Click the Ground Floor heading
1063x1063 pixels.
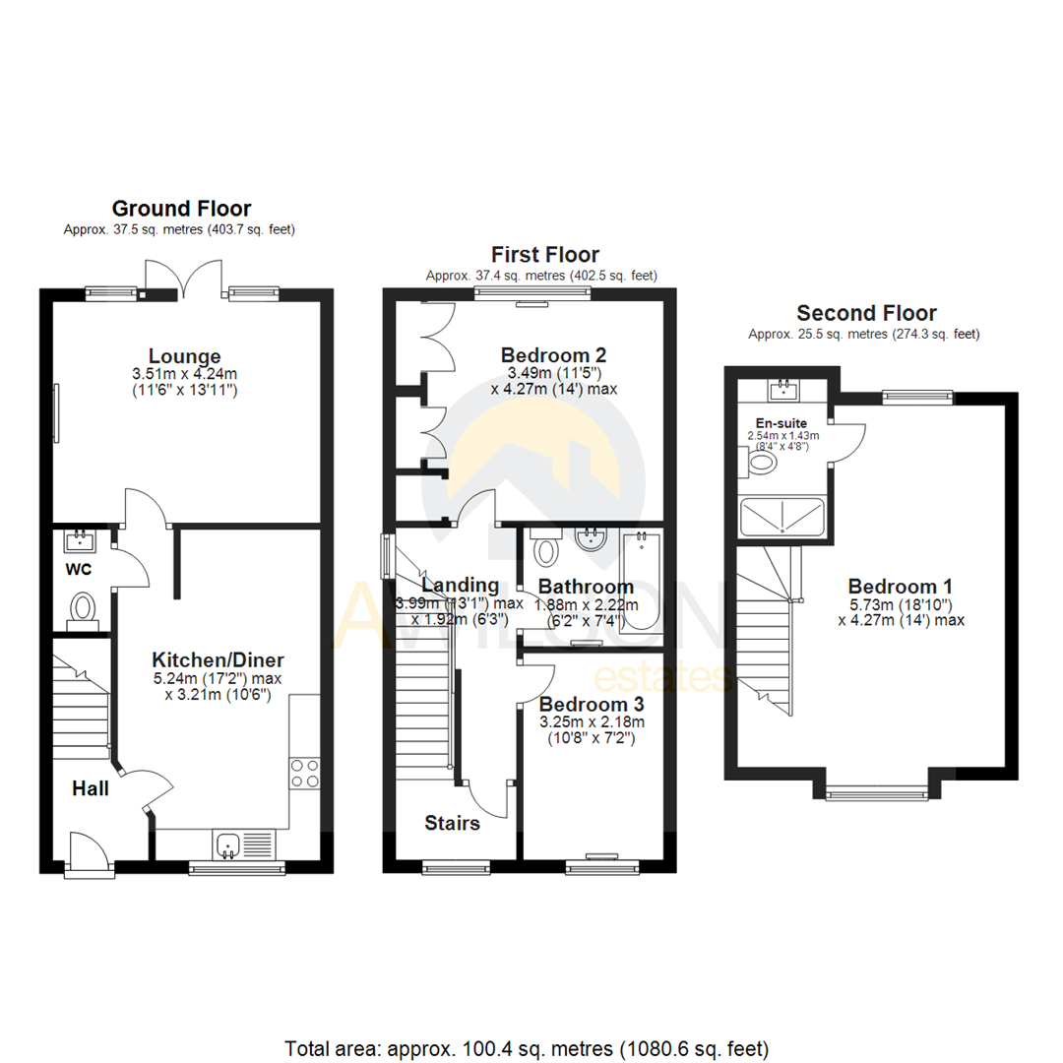point(181,208)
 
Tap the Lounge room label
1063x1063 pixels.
point(184,355)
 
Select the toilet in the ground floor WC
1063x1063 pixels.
point(82,607)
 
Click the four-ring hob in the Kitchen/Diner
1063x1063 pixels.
point(304,773)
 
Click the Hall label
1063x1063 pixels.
point(90,788)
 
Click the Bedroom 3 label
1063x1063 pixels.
point(587,704)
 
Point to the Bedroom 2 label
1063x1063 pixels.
point(553,354)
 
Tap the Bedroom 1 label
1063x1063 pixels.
point(901,582)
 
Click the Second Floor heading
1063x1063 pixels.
point(866,313)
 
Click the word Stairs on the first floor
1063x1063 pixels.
point(453,822)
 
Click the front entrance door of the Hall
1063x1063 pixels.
point(86,850)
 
